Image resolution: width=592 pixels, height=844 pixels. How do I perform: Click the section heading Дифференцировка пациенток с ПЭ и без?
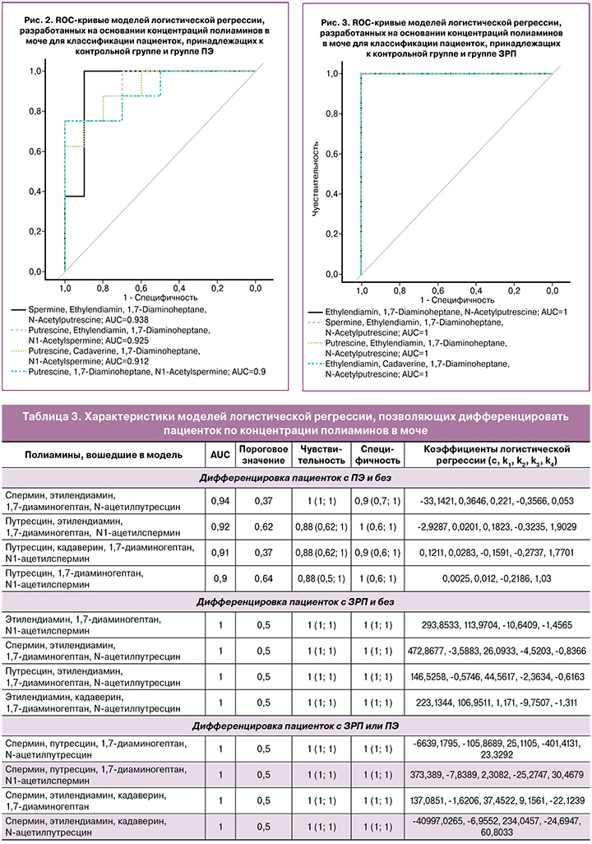point(295,478)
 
